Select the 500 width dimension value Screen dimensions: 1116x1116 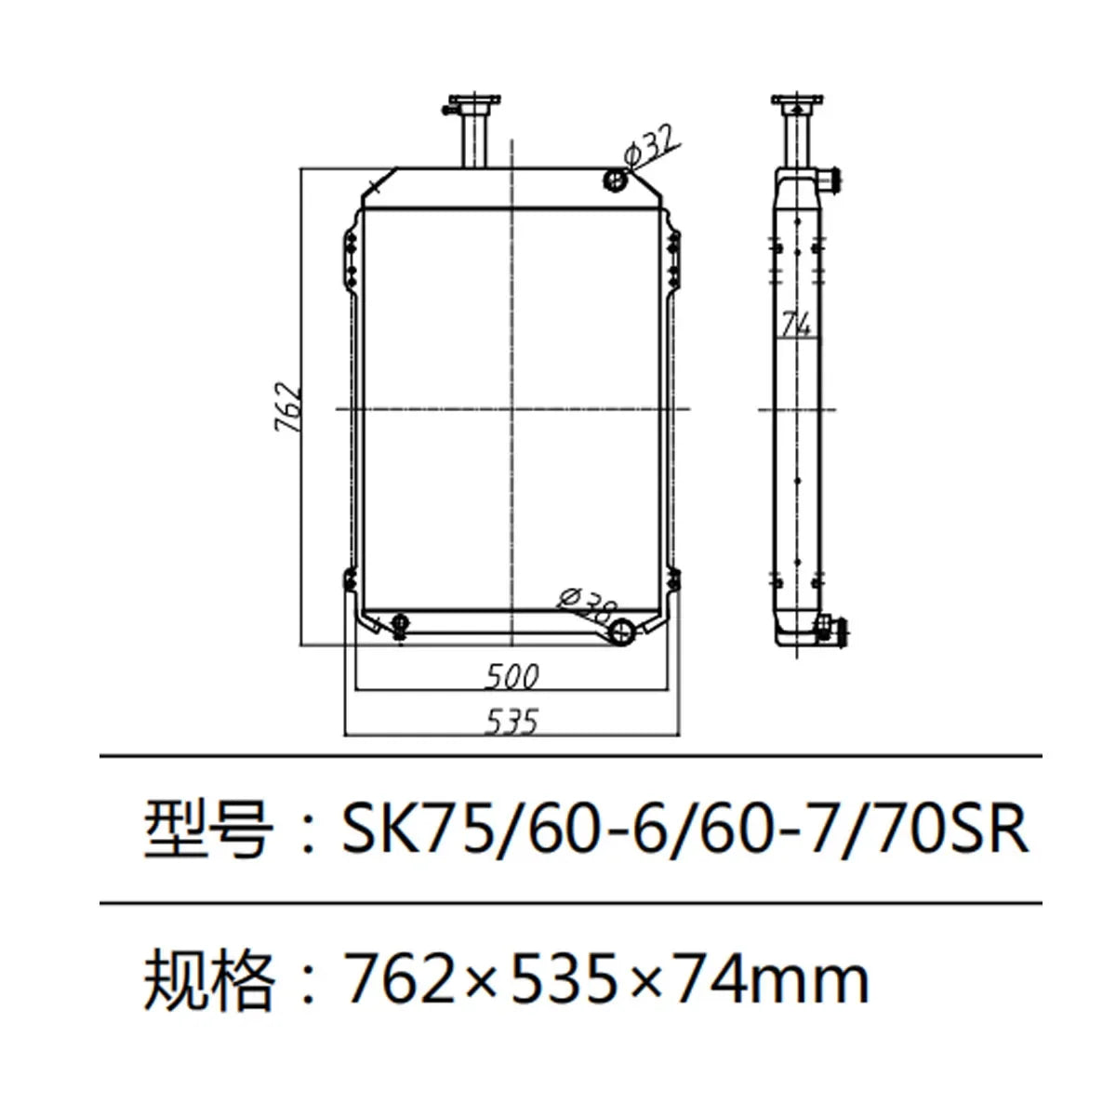(511, 676)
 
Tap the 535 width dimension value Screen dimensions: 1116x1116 (511, 721)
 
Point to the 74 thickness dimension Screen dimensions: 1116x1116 (795, 325)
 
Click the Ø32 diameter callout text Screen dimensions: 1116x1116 (650, 147)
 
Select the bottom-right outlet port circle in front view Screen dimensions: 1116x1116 (620, 633)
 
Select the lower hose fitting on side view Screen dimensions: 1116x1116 (828, 630)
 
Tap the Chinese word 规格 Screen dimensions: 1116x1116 (206, 979)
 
